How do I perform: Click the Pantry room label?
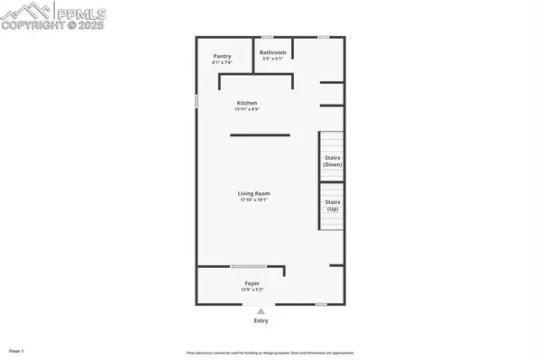pyautogui.click(x=222, y=56)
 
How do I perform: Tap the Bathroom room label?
pyautogui.click(x=272, y=52)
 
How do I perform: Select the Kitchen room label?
pyautogui.click(x=247, y=104)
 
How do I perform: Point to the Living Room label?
pyautogui.click(x=254, y=193)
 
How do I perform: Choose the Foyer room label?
pyautogui.click(x=252, y=283)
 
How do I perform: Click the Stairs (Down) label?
pyautogui.click(x=333, y=162)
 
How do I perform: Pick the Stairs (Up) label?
pyautogui.click(x=333, y=205)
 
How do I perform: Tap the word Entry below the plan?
pyautogui.click(x=261, y=320)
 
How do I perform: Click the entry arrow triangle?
pyautogui.click(x=261, y=310)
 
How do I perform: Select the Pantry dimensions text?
pyautogui.click(x=222, y=62)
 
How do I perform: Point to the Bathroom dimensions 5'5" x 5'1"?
pyautogui.click(x=272, y=59)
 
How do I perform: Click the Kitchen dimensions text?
pyautogui.click(x=247, y=110)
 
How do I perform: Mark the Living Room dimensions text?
pyautogui.click(x=254, y=199)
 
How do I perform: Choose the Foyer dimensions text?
pyautogui.click(x=252, y=290)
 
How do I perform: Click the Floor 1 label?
pyautogui.click(x=16, y=350)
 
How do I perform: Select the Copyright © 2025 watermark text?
pyautogui.click(x=53, y=26)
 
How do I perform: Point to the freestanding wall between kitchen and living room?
pyautogui.click(x=260, y=135)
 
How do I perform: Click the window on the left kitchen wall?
pyautogui.click(x=197, y=102)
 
